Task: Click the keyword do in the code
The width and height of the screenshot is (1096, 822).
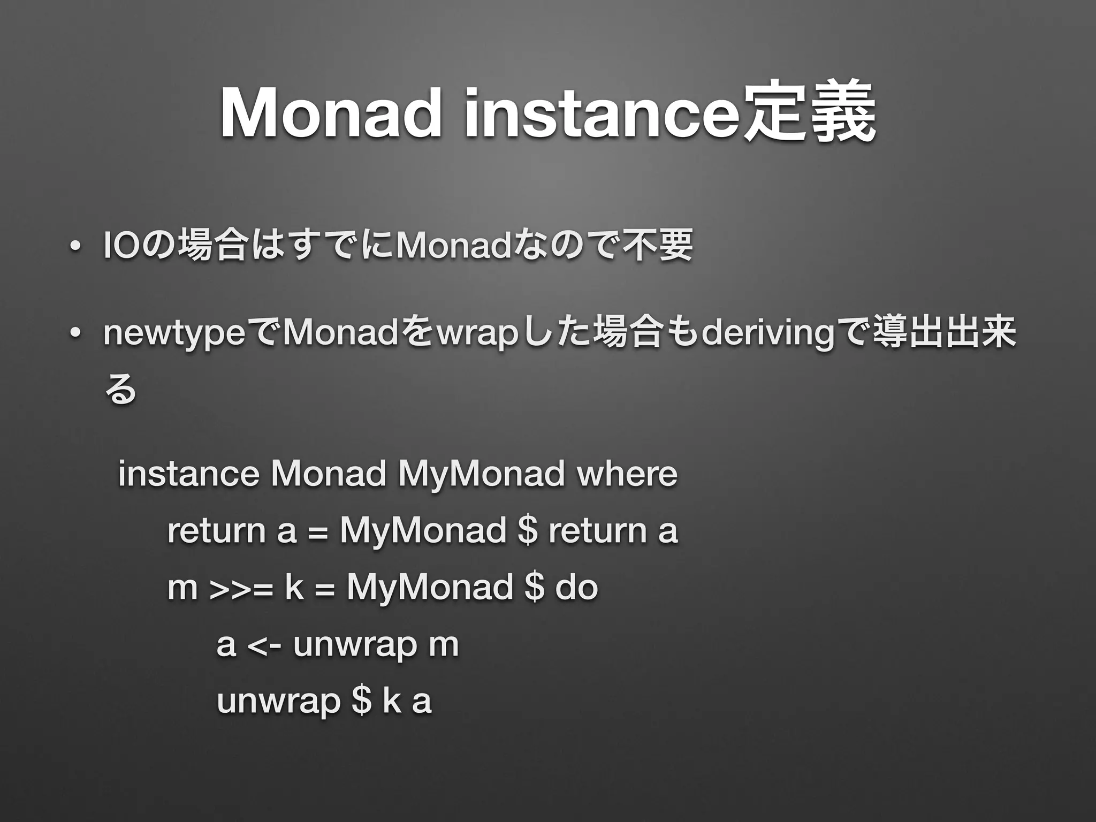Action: (576, 587)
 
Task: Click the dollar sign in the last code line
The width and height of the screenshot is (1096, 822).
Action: (362, 701)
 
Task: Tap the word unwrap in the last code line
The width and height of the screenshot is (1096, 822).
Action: (278, 702)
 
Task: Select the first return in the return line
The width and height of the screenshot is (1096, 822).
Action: (216, 530)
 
